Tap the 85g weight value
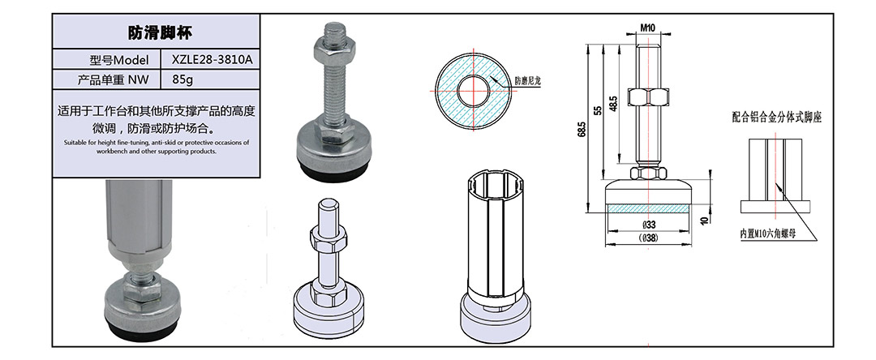click(182, 79)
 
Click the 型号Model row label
click(119, 60)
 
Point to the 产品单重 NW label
click(114, 79)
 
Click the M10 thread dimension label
click(647, 27)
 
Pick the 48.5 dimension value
click(613, 105)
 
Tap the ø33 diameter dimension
click(648, 225)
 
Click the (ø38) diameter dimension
click(648, 238)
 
